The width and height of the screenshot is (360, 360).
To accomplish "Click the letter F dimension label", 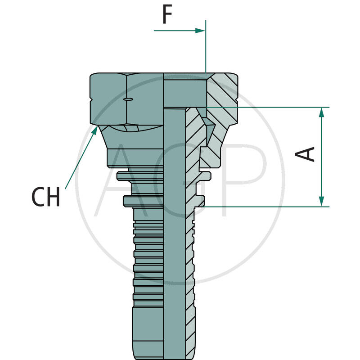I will [167, 15].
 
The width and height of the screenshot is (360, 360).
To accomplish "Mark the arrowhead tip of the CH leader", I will [97, 128].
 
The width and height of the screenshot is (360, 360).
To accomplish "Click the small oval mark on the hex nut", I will [128, 99].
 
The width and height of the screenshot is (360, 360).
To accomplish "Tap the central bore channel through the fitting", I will [174, 225].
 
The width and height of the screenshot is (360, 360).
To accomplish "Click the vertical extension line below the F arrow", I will [206, 49].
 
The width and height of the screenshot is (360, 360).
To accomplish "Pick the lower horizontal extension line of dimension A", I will [270, 207].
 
